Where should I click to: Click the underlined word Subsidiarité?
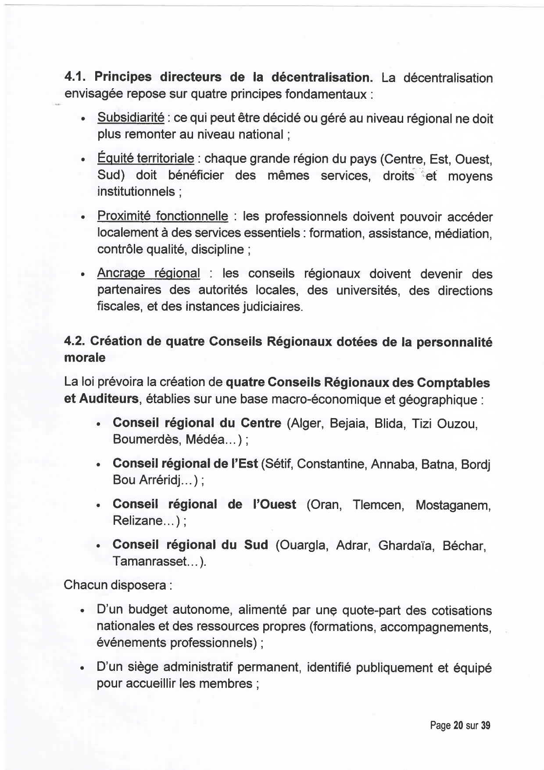[131, 118]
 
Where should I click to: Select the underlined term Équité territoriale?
[145, 158]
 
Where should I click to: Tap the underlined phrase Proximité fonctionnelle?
[162, 216]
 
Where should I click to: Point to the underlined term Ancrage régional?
[148, 273]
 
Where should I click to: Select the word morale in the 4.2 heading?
[85, 358]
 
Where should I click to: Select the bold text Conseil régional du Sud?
[190, 545]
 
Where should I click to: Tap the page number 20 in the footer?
[458, 725]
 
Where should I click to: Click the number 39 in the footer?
[485, 725]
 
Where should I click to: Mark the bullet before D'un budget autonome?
[82, 611]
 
